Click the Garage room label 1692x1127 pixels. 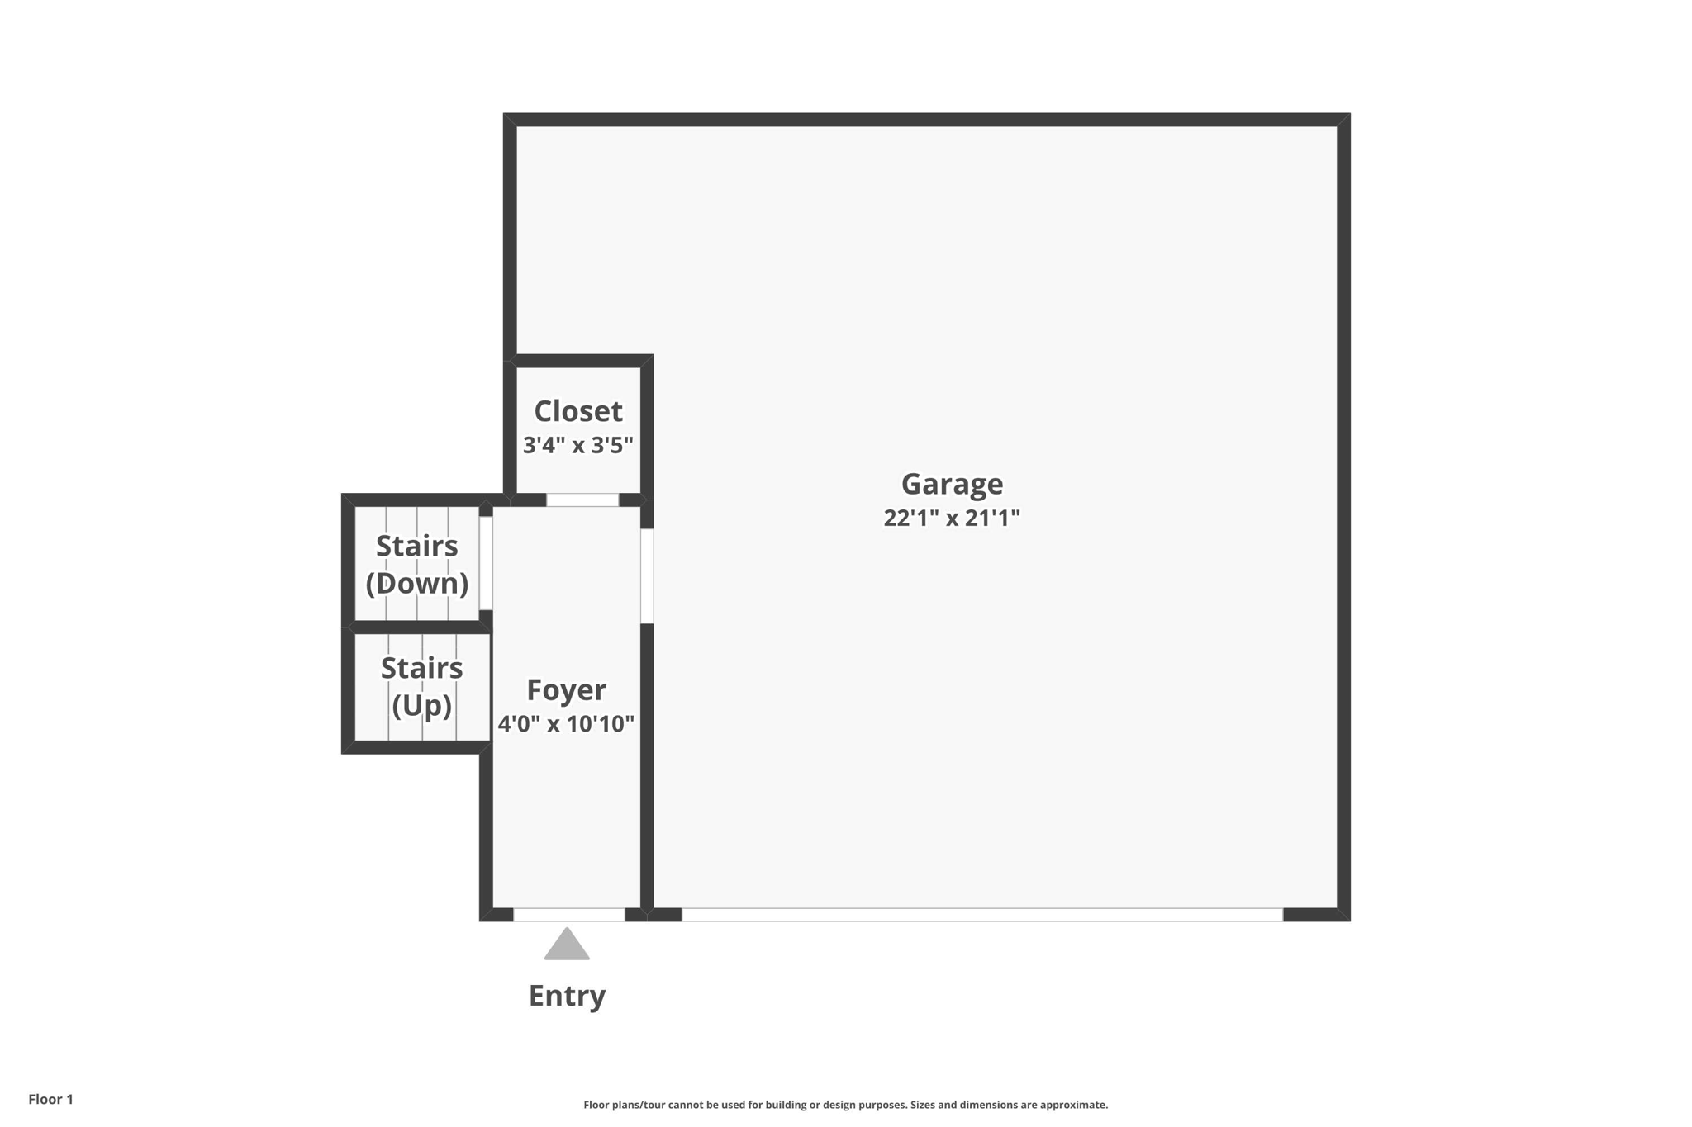[952, 484]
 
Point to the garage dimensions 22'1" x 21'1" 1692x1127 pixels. [952, 519]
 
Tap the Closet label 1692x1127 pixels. [578, 411]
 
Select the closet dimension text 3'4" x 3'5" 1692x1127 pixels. [578, 446]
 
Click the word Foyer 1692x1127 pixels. [567, 689]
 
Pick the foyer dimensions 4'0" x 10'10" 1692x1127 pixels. [567, 724]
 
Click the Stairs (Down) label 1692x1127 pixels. [417, 565]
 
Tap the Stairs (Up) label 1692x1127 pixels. [421, 686]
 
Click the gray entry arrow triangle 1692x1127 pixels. [567, 946]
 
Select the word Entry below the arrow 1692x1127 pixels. [567, 996]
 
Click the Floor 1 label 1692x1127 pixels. [51, 1099]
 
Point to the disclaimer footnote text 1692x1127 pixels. [845, 1105]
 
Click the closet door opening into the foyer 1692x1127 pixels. [582, 500]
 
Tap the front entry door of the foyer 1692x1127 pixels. [569, 914]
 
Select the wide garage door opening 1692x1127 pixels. [981, 914]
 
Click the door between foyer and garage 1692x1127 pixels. [647, 575]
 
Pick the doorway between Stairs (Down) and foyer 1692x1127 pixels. [486, 563]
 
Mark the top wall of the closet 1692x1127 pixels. [578, 361]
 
